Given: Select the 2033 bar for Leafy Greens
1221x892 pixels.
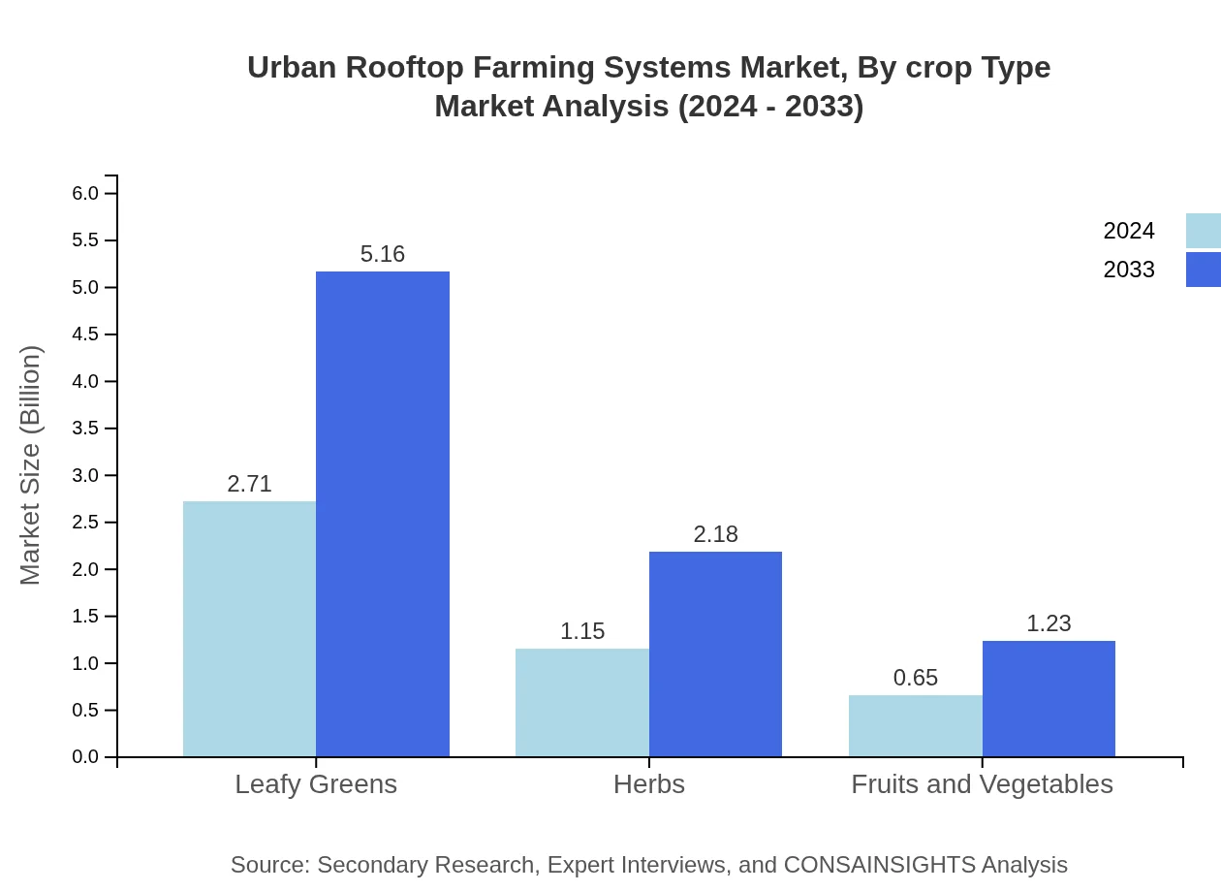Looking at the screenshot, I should pos(383,514).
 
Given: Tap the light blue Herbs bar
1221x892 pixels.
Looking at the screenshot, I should pos(582,702).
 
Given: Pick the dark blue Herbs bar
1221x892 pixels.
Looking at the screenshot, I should pos(715,653).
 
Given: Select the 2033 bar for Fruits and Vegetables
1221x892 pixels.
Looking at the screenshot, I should pos(1049,698).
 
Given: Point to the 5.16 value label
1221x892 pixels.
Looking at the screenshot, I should pos(383,254).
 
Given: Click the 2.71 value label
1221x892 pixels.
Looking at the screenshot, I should pos(249,484).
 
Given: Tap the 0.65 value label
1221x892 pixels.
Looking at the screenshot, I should pos(916,678).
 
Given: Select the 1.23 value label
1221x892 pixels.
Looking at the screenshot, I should pos(1049,623).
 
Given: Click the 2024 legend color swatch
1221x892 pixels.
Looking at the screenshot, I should pos(1203,231).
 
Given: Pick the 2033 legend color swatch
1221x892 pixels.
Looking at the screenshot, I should pos(1203,270).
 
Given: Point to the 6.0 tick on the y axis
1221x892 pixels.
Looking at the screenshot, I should pos(86,193).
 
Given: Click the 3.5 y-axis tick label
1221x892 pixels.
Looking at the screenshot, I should pos(86,429).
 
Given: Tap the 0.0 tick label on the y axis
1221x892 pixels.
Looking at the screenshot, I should pos(86,757).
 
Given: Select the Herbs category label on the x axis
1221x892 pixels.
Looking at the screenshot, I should pos(649,783).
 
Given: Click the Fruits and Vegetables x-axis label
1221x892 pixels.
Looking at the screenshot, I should pos(982,783).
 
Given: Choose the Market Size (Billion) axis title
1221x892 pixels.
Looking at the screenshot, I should pos(31,465).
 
